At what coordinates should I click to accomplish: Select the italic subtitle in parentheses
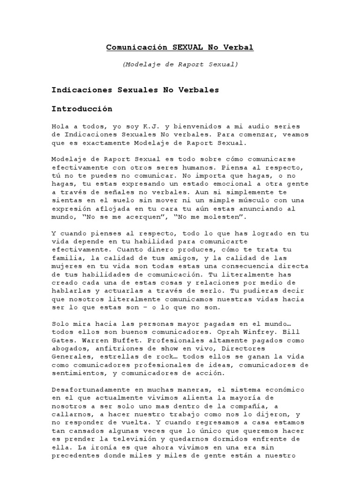(x=180, y=64)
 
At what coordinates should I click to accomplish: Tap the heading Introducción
(x=82, y=109)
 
